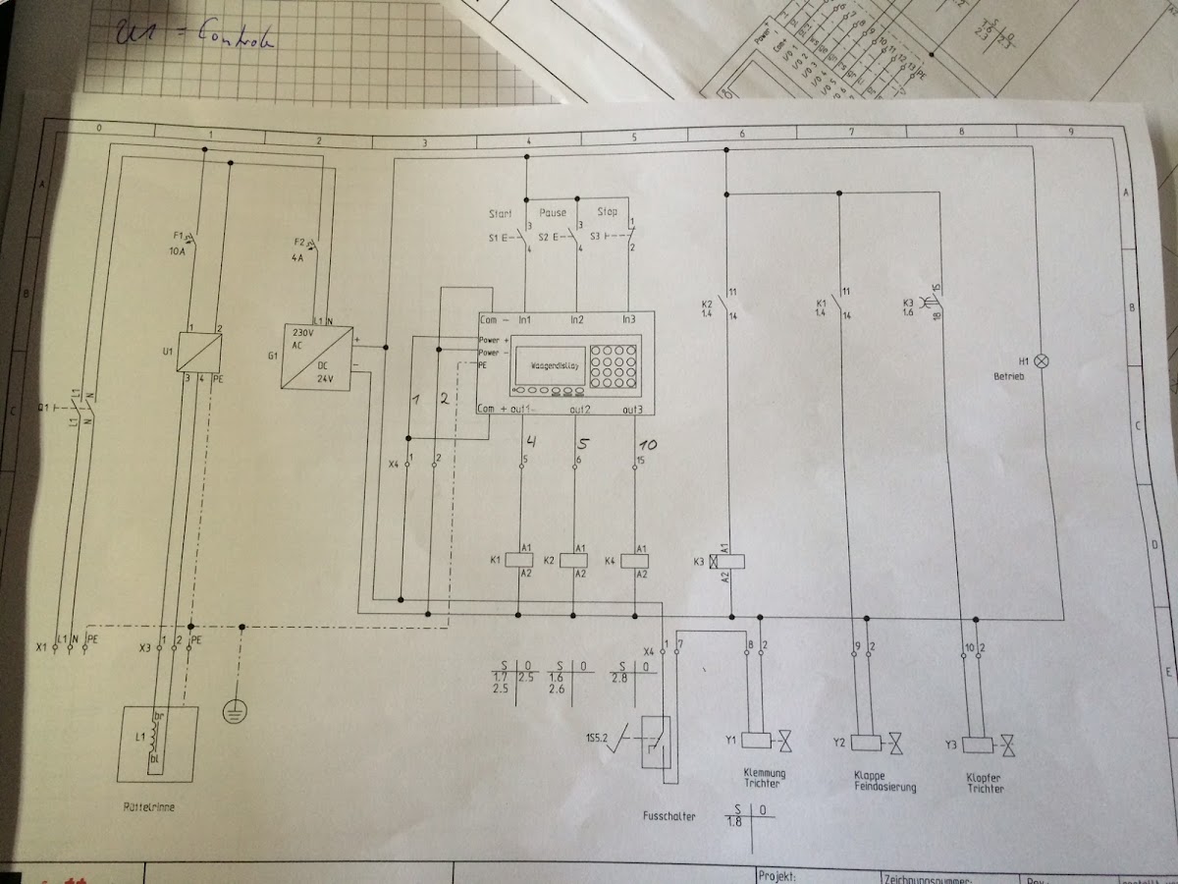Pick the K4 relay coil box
pyautogui.click(x=635, y=559)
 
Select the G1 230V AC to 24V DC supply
pyautogui.click(x=316, y=357)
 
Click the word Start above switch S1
pyautogui.click(x=501, y=213)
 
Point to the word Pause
pyautogui.click(x=553, y=212)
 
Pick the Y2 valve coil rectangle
pyautogui.click(x=867, y=743)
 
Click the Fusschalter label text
pyautogui.click(x=669, y=815)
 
